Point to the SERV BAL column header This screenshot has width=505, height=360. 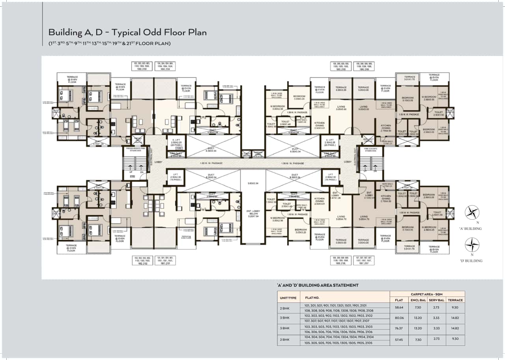pyautogui.click(x=438, y=300)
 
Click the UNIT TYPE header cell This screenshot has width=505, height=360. pyautogui.click(x=288, y=297)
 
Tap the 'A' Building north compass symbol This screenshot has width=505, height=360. pyautogui.click(x=472, y=213)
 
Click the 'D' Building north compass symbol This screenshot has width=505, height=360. pyautogui.click(x=472, y=245)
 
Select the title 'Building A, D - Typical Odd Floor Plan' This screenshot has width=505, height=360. pyautogui.click(x=127, y=32)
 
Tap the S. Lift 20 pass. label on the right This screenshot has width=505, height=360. pyautogui.click(x=331, y=142)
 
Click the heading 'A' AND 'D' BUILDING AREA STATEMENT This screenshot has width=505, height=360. pyautogui.click(x=318, y=285)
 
